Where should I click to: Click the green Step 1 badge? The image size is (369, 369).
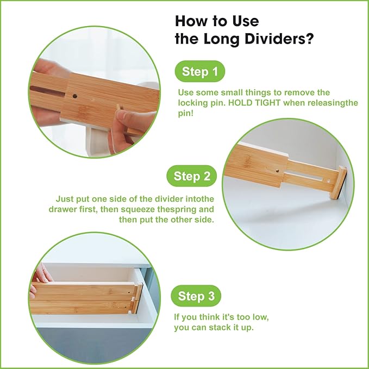click(199, 72)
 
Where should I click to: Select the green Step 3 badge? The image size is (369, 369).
click(199, 296)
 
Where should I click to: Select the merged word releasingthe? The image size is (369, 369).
click(332, 103)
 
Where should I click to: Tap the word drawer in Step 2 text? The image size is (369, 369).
click(68, 209)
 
